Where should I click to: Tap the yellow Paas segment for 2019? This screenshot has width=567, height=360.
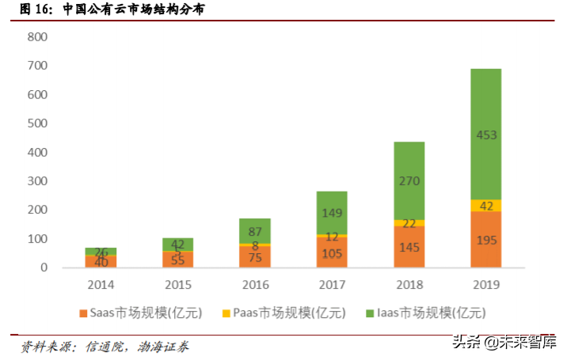point(486,206)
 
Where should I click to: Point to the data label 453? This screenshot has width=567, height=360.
point(486,135)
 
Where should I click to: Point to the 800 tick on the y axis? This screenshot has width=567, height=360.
point(37,37)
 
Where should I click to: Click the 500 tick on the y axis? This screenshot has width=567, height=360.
point(37,123)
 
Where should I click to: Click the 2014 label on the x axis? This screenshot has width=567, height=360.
point(101,284)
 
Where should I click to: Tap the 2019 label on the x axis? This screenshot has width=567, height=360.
point(486,284)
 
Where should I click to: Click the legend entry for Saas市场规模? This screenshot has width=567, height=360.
point(143,313)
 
